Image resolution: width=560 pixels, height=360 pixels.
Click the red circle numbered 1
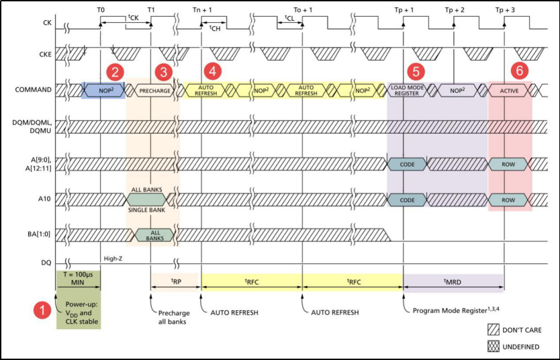(42, 310)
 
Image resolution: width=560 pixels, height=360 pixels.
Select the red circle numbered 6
(518, 70)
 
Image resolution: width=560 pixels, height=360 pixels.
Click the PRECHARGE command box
(154, 90)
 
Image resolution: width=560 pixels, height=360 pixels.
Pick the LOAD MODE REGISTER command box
(406, 90)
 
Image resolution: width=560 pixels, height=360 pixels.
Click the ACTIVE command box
(509, 90)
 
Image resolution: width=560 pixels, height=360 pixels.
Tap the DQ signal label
(46, 263)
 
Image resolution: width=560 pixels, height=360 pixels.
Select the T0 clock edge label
(101, 10)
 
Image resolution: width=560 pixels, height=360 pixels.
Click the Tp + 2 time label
(455, 10)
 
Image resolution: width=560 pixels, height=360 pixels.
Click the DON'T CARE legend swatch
(496, 330)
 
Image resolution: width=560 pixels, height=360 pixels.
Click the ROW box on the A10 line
(508, 199)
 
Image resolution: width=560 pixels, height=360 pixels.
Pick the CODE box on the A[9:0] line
(407, 163)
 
